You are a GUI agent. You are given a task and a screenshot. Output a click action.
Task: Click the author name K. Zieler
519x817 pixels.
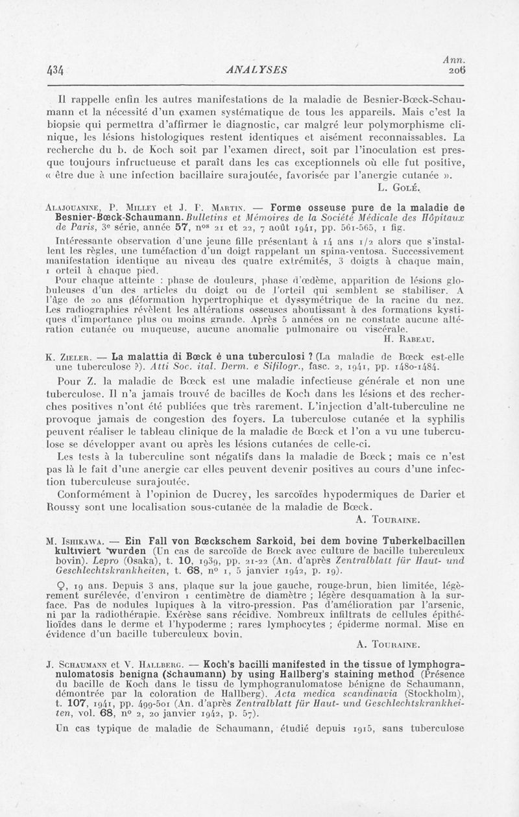click(x=69, y=355)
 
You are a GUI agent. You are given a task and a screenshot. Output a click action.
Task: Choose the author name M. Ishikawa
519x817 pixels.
click(x=75, y=540)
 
